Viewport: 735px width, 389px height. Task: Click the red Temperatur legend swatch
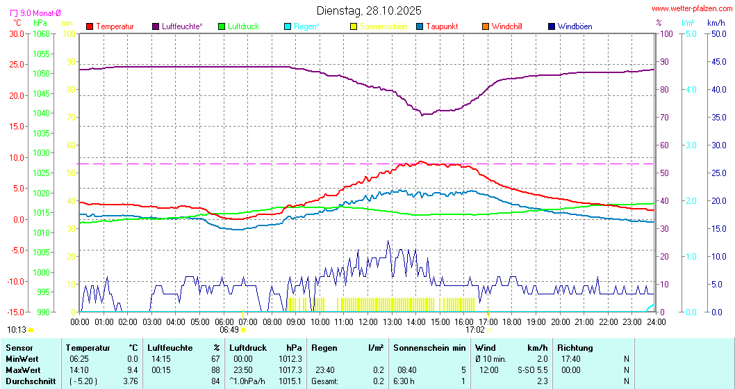tap(90, 26)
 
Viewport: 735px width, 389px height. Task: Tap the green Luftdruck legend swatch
tap(222, 26)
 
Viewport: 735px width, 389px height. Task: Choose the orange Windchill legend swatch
tap(486, 26)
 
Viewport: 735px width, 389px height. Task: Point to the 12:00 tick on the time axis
tap(367, 321)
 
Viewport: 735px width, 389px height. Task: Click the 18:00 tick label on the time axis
tap(512, 321)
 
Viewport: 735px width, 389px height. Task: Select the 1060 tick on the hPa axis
tap(41, 33)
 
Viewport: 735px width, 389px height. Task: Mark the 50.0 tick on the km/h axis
tap(717, 33)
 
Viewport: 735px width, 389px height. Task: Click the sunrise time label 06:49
tap(229, 330)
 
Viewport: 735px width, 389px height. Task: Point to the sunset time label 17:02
tap(474, 330)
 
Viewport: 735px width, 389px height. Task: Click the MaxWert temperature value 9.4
tap(132, 370)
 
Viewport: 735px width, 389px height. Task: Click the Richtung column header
tap(575, 347)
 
